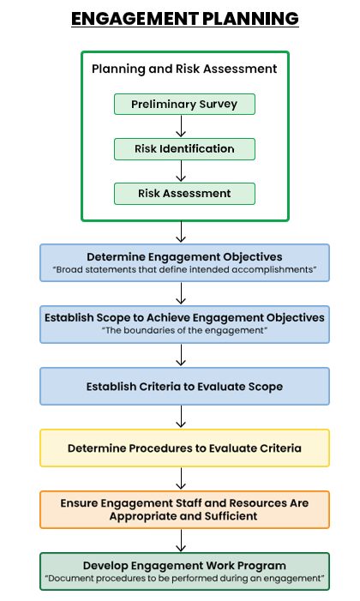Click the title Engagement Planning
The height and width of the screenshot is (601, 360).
(185, 18)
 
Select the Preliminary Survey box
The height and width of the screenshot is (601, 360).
(184, 104)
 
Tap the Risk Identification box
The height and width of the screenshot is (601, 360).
(184, 148)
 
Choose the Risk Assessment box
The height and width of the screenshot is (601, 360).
(184, 194)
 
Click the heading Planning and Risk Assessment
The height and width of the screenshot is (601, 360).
(184, 69)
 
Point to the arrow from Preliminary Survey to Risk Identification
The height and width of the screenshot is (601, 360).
(181, 126)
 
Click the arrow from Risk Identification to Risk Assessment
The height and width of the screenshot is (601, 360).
(181, 171)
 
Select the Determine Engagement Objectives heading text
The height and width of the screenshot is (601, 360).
(184, 257)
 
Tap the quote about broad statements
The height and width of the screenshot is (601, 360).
(184, 269)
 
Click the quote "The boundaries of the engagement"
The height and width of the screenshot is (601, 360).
(184, 330)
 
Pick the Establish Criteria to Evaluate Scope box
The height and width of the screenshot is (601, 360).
(184, 387)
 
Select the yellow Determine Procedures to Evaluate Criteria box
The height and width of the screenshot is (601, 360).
(184, 448)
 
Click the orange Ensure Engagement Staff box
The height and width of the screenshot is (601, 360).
(184, 510)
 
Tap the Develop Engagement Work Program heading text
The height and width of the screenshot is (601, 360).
(184, 566)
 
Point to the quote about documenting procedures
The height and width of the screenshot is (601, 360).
(184, 578)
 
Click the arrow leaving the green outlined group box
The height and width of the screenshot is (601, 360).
(181, 231)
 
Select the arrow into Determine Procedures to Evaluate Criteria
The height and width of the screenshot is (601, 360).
(181, 417)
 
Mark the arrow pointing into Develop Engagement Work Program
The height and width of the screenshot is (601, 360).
(181, 540)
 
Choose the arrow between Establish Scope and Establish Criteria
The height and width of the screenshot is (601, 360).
(181, 355)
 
